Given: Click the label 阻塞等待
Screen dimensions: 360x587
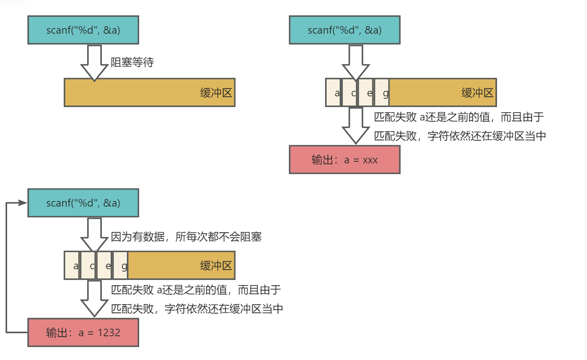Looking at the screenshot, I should tap(132, 62).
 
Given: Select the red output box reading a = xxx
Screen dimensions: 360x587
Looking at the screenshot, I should tap(344, 160).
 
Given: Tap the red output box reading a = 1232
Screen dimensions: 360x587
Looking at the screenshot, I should tap(83, 333).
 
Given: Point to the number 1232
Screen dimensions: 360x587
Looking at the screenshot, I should tap(109, 333).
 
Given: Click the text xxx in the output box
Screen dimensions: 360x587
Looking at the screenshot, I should tap(370, 160).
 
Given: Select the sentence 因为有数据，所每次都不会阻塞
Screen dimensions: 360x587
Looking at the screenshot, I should tap(186, 237).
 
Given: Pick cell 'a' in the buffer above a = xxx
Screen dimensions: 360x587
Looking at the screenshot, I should tap(333, 93).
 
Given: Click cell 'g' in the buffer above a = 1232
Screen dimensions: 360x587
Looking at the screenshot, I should tap(121, 266).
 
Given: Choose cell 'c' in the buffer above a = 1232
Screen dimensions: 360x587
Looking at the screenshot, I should tap(88, 266).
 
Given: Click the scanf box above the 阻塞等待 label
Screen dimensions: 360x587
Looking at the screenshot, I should tap(83, 30).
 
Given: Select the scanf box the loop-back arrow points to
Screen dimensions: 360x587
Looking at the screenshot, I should tap(83, 203).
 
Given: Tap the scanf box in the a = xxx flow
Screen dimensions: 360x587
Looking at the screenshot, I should tap(344, 30).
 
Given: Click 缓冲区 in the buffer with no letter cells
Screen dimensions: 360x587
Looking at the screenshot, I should tap(216, 93).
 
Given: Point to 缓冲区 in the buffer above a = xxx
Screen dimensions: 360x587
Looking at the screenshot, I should tap(477, 93).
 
